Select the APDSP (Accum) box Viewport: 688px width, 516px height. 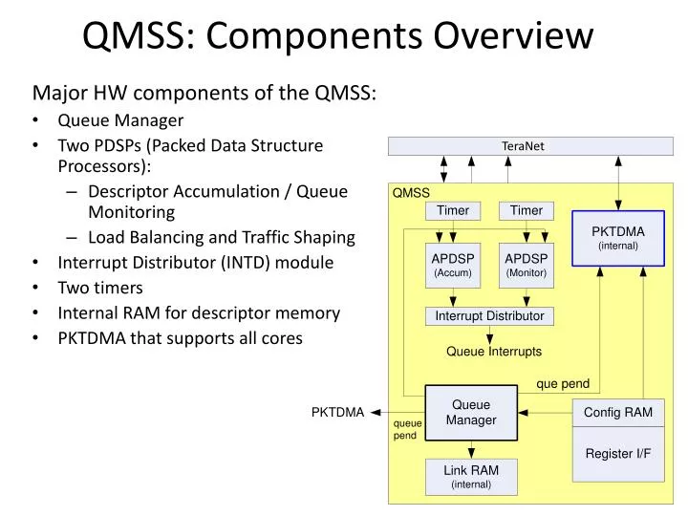click(452, 265)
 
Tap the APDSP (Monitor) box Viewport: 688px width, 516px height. click(526, 265)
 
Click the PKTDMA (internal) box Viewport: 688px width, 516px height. click(617, 238)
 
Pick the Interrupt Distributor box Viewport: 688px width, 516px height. click(489, 316)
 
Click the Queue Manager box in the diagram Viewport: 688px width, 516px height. click(470, 413)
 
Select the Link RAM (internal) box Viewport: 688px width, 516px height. click(471, 477)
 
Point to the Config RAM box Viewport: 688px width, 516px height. click(617, 413)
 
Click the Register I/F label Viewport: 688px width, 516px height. click(617, 453)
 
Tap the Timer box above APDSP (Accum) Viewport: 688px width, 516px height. click(452, 210)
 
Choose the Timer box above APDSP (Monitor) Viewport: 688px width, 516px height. click(526, 210)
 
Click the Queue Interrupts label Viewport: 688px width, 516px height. click(493, 352)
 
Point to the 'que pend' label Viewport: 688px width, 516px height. click(563, 383)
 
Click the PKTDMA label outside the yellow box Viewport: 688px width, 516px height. click(337, 413)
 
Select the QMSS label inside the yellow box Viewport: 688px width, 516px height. click(411, 192)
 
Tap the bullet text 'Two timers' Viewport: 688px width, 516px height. click(100, 288)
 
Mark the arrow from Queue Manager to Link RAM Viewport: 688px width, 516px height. click(471, 449)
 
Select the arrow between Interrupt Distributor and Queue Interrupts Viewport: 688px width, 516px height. click(490, 334)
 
